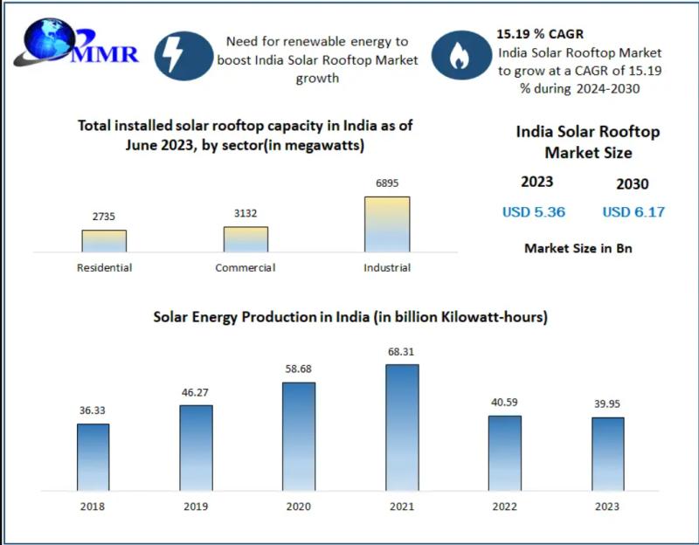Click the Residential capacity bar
(x=104, y=241)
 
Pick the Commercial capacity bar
(x=246, y=239)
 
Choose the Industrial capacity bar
(x=387, y=224)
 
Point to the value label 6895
(x=387, y=184)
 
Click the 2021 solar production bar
(x=402, y=425)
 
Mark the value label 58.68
(x=299, y=369)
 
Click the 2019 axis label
(x=196, y=507)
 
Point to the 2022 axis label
(x=504, y=507)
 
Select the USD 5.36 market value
(x=534, y=212)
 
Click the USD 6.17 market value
(x=633, y=212)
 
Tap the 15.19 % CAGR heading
(x=535, y=35)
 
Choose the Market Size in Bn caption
(x=578, y=248)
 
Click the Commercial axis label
(x=246, y=267)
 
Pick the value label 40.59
(x=504, y=403)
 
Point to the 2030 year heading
(x=632, y=183)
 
